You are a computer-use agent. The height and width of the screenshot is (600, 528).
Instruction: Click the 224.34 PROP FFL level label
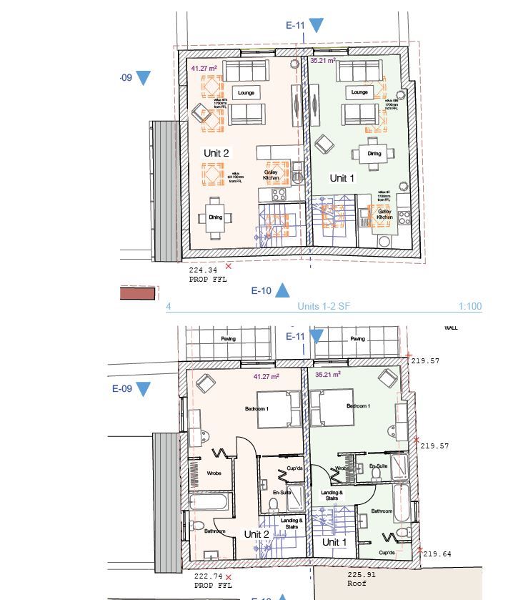(x=207, y=275)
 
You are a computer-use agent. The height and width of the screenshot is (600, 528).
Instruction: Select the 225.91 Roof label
(x=357, y=579)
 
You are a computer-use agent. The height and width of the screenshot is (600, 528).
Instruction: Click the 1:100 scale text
(x=470, y=307)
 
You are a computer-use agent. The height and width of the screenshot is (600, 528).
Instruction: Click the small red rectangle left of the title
(x=139, y=292)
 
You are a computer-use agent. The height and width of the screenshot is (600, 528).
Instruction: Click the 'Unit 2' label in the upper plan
(x=216, y=153)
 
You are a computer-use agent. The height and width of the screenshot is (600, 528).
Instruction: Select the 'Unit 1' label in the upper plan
(x=342, y=178)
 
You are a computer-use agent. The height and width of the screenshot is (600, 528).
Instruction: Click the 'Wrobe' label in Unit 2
(x=214, y=473)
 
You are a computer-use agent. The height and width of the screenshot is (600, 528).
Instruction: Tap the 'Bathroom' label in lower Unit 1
(x=382, y=511)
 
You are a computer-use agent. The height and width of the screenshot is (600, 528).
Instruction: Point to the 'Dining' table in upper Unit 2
(x=215, y=217)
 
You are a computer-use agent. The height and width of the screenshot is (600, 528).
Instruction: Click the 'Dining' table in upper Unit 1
(x=374, y=153)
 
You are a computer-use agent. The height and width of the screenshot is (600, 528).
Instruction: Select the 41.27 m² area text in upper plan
(x=203, y=68)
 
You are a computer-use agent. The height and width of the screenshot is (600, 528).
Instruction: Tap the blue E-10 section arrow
(x=282, y=290)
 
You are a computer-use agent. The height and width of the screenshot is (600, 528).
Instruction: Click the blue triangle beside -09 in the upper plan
(x=143, y=78)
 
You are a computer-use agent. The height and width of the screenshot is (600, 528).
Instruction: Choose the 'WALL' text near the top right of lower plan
(x=451, y=328)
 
